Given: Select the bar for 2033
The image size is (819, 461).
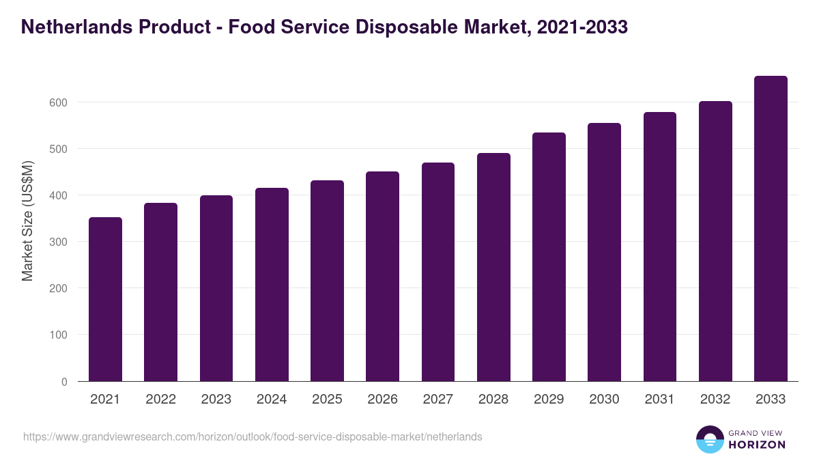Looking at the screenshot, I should click(771, 229).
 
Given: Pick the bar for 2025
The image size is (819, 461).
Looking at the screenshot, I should click(327, 281).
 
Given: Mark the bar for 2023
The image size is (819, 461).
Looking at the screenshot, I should click(216, 288).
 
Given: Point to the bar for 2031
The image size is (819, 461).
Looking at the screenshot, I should click(659, 247).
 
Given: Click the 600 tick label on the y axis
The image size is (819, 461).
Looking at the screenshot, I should click(59, 102).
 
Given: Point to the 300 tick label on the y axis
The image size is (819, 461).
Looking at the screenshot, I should click(59, 242).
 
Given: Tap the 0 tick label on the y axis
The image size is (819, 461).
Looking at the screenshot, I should click(64, 382).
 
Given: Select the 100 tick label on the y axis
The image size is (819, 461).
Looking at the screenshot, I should click(59, 335).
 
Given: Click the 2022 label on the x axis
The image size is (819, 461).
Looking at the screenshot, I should click(160, 400).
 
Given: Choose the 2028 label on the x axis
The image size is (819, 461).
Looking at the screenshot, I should click(493, 400).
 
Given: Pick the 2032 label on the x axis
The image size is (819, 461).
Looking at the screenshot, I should click(715, 400).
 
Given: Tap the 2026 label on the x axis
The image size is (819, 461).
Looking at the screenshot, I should click(382, 400).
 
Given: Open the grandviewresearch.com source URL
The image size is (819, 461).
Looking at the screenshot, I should click(253, 436).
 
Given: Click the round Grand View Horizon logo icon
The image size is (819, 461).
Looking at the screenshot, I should click(710, 439).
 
